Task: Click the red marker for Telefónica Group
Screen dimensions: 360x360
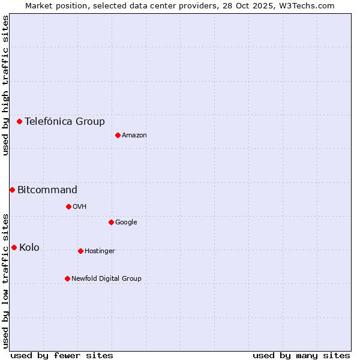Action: pos(19,121)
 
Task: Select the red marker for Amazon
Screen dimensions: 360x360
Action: pos(118,135)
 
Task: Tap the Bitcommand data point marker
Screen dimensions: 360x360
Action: pos(12,190)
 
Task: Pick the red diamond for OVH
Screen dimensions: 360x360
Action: pos(68,206)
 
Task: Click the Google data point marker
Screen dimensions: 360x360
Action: pos(111,222)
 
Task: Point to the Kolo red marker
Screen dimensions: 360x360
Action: pos(14,247)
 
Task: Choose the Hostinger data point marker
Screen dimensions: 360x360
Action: pos(80,251)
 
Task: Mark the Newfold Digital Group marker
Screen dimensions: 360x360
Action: pos(67,278)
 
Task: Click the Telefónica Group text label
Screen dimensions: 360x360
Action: pos(65,121)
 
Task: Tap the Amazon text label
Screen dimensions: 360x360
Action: pos(134,135)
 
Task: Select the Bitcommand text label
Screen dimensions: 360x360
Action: pos(47,190)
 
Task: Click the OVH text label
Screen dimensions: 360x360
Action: pos(80,206)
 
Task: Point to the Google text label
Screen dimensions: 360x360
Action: pos(126,222)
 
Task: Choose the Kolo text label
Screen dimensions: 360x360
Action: pos(29,247)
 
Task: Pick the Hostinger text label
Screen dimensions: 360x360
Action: pos(100,251)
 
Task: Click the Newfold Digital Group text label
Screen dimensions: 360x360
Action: pos(106,278)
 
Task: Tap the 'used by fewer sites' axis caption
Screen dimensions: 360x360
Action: pos(62,355)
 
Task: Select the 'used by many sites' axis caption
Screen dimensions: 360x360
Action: pos(301,355)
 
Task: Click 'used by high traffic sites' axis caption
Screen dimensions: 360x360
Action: pos(5,85)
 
